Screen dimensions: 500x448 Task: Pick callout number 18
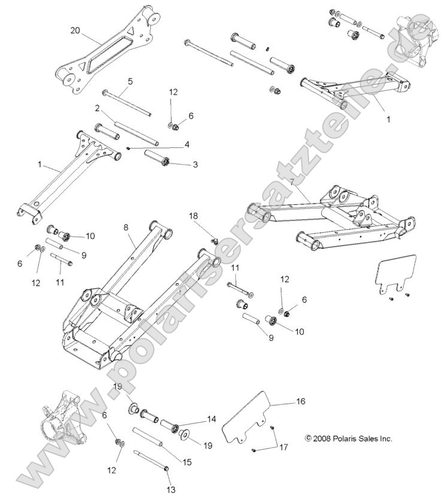(x=193, y=216)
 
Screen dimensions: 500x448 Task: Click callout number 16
(x=300, y=402)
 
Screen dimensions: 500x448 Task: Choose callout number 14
(x=211, y=420)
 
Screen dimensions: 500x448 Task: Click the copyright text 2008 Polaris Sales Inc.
(x=349, y=439)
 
